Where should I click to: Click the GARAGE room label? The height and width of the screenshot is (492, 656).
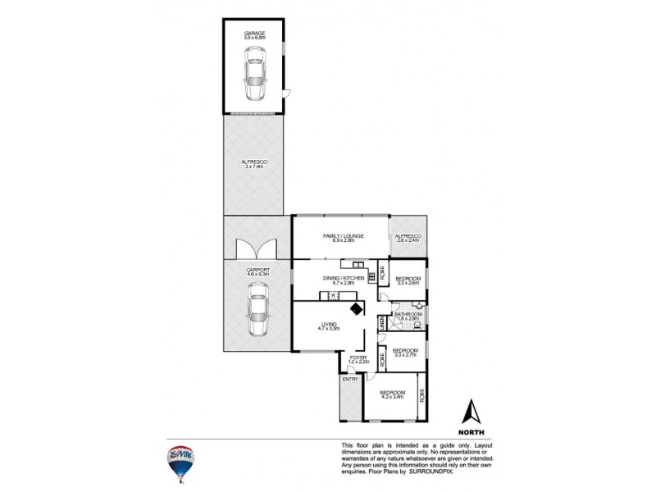coord(255,32)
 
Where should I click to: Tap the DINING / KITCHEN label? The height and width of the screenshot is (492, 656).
coord(343,279)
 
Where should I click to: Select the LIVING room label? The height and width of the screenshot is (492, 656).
coord(330,325)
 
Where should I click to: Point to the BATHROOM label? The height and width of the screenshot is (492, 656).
coord(408,315)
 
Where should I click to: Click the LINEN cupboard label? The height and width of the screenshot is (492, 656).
coord(382,324)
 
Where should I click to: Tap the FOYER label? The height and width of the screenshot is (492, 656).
coord(358,358)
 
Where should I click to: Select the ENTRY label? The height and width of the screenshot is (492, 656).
coord(350,380)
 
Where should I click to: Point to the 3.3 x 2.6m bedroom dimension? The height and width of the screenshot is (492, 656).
coord(408,284)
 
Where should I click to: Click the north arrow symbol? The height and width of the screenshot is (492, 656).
coord(471,410)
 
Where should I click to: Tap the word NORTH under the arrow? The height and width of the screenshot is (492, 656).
coord(471,430)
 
